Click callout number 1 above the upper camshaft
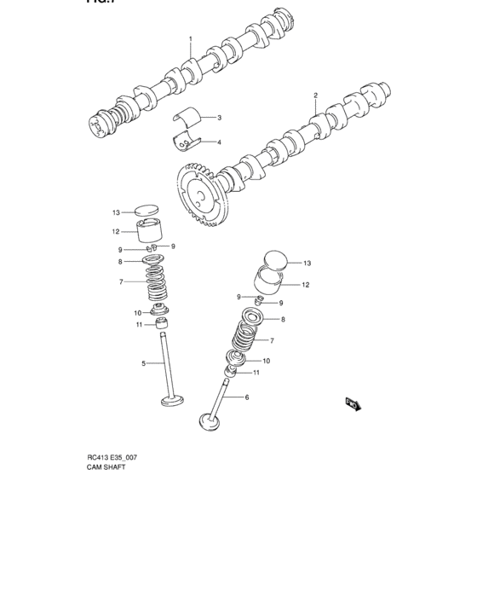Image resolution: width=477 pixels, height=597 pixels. click(x=190, y=39)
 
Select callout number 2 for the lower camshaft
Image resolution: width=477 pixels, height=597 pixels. click(x=315, y=96)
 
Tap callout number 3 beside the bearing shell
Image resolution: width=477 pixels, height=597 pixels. click(x=219, y=118)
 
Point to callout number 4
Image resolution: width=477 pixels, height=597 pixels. click(x=219, y=142)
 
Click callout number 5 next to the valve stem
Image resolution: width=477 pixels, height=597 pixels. click(x=143, y=363)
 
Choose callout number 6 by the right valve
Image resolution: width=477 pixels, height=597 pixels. click(x=246, y=397)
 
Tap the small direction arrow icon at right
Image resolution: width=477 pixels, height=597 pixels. click(x=352, y=403)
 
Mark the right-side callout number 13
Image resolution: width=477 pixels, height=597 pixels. click(x=307, y=263)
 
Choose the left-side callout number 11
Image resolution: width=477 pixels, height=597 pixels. click(x=138, y=325)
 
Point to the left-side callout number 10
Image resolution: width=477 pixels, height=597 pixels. click(x=137, y=313)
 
